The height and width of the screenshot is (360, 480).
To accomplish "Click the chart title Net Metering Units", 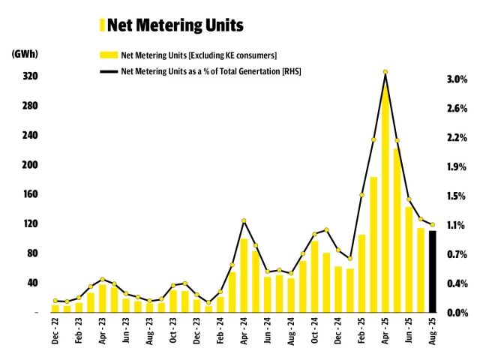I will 175,25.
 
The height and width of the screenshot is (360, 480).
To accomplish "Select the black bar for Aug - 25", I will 432,271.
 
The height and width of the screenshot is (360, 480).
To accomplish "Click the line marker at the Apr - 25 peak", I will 385,72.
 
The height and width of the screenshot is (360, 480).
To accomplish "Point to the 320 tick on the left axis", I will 31,77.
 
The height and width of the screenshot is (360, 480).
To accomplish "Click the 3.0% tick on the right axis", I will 457,79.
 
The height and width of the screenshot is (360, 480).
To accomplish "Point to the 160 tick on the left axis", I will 31,194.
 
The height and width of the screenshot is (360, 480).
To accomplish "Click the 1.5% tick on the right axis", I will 457,196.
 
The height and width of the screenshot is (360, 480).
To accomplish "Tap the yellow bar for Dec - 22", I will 55,308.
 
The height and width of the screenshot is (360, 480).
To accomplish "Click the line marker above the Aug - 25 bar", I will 432,224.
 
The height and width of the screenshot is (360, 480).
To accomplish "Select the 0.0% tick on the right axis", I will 457,312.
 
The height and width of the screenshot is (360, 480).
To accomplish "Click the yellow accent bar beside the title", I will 102,25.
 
